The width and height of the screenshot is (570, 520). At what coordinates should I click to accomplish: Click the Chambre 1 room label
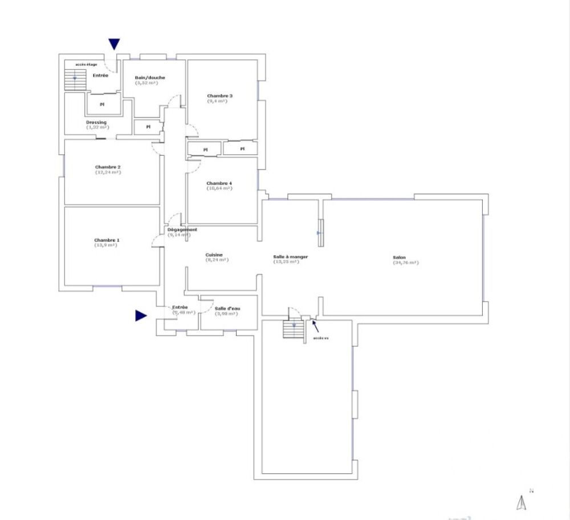[107, 240]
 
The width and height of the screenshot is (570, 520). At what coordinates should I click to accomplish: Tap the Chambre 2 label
[108, 167]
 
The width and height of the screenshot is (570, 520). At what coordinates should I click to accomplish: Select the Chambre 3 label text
[219, 96]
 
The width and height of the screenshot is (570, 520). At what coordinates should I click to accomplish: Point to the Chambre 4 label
[219, 183]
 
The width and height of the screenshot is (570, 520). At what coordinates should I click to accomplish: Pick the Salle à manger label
[291, 257]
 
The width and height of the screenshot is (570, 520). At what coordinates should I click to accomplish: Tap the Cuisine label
[214, 255]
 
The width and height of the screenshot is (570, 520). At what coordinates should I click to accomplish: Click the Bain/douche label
[149, 78]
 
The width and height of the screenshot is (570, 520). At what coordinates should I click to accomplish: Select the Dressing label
[96, 122]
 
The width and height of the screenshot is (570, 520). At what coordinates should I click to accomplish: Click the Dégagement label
[182, 229]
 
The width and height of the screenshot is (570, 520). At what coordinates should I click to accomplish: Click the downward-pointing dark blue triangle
[115, 44]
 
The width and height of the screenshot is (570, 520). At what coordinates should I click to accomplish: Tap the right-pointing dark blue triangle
[141, 316]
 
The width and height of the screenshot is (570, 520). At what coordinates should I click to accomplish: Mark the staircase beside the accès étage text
[75, 79]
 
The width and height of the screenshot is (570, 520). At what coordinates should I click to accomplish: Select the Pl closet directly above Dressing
[103, 104]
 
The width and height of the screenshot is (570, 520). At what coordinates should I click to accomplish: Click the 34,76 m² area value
[405, 263]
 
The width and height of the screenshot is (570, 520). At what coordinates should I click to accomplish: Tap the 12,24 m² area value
[108, 172]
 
